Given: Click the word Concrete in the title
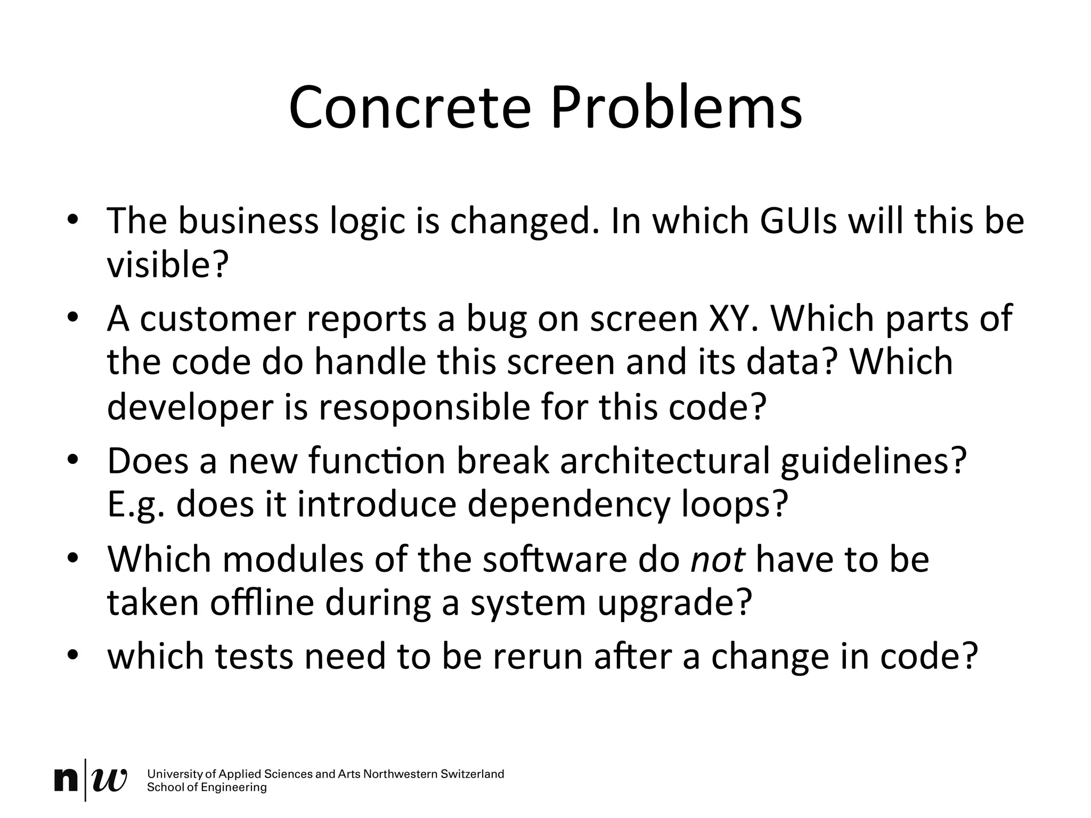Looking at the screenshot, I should click(410, 108).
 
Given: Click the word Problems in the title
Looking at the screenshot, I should click(676, 108).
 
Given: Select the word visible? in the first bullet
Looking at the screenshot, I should click(168, 265).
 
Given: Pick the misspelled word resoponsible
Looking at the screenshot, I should click(424, 407).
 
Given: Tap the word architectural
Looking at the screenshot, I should click(664, 461).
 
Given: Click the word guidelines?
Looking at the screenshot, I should click(873, 461).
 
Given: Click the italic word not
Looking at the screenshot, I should click(718, 560).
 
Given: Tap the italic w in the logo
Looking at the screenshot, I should click(110, 780).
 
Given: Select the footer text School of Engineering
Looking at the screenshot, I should click(207, 788).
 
